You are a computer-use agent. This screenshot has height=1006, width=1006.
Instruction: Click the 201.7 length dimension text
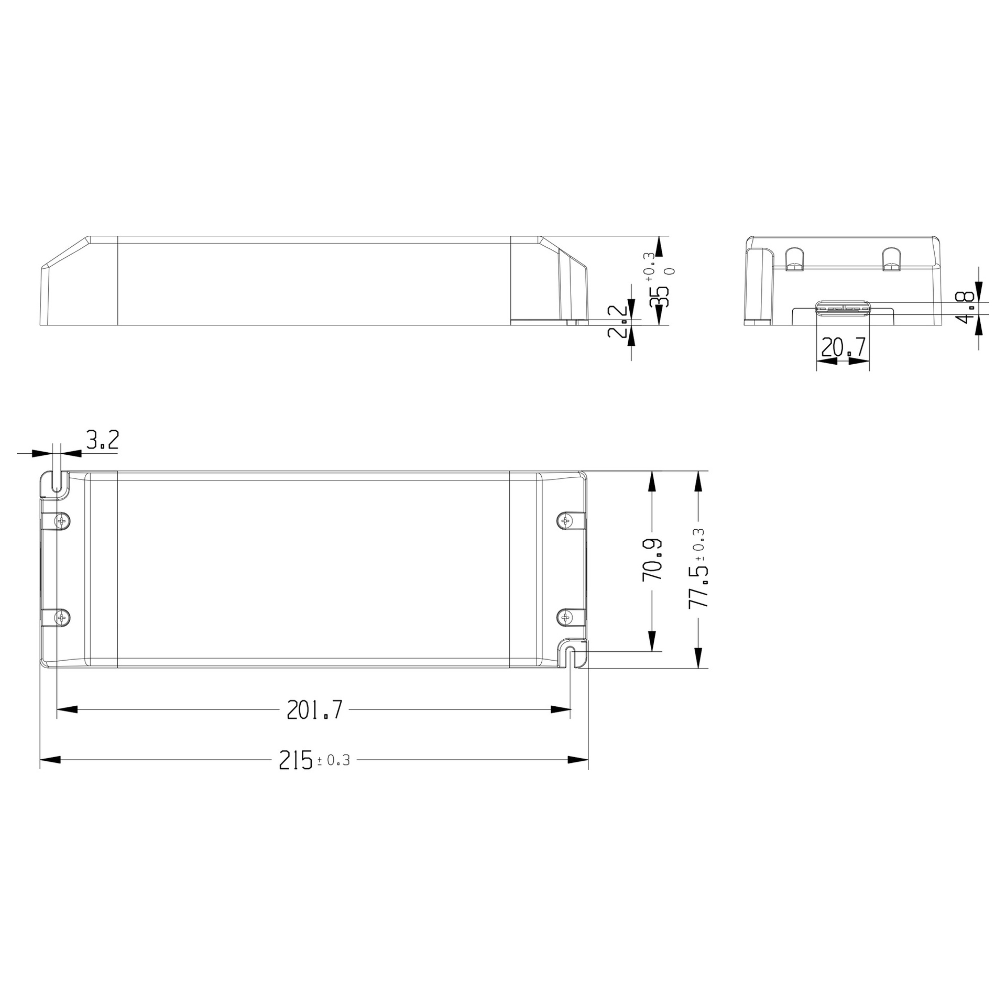[x=314, y=710]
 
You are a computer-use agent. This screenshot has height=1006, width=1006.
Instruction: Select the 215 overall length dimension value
[x=296, y=760]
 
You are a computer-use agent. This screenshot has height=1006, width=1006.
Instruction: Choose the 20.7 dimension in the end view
[x=843, y=347]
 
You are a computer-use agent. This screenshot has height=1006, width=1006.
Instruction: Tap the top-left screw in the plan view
[x=62, y=521]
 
